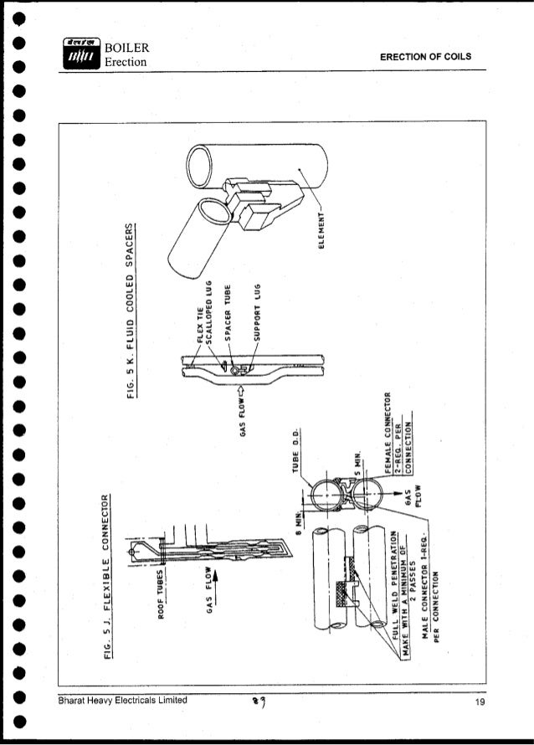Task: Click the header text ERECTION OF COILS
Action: [x=426, y=57]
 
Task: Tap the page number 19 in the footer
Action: [x=479, y=701]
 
